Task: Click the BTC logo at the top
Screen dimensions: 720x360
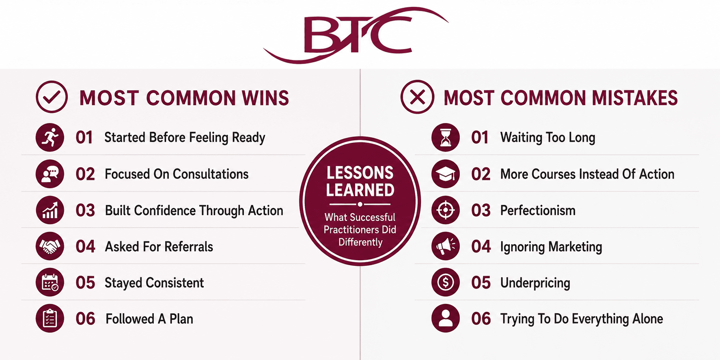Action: point(356,35)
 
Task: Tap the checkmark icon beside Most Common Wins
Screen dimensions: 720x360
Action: point(52,97)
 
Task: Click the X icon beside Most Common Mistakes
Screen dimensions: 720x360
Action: point(417,97)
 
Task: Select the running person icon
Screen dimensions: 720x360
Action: point(50,138)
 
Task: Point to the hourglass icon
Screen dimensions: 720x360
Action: point(446,138)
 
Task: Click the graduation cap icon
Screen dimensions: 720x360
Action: point(446,174)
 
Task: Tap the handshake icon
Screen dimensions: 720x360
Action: point(50,246)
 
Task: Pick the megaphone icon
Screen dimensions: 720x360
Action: point(446,246)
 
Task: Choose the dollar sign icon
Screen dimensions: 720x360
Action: point(446,282)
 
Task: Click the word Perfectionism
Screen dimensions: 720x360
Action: point(538,211)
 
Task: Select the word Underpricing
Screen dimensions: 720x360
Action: point(535,283)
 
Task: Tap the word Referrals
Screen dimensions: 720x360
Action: point(189,247)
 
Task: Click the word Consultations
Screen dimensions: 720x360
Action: point(211,174)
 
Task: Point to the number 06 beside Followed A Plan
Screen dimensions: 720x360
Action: point(85,319)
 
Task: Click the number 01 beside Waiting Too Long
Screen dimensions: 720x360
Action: point(480,138)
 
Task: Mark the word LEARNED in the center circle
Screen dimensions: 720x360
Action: point(360,190)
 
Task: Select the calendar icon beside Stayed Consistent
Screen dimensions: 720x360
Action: point(50,282)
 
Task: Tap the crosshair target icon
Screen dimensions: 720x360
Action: point(446,210)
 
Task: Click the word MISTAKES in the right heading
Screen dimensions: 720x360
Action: point(635,98)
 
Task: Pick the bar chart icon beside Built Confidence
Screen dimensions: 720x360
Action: point(50,210)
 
